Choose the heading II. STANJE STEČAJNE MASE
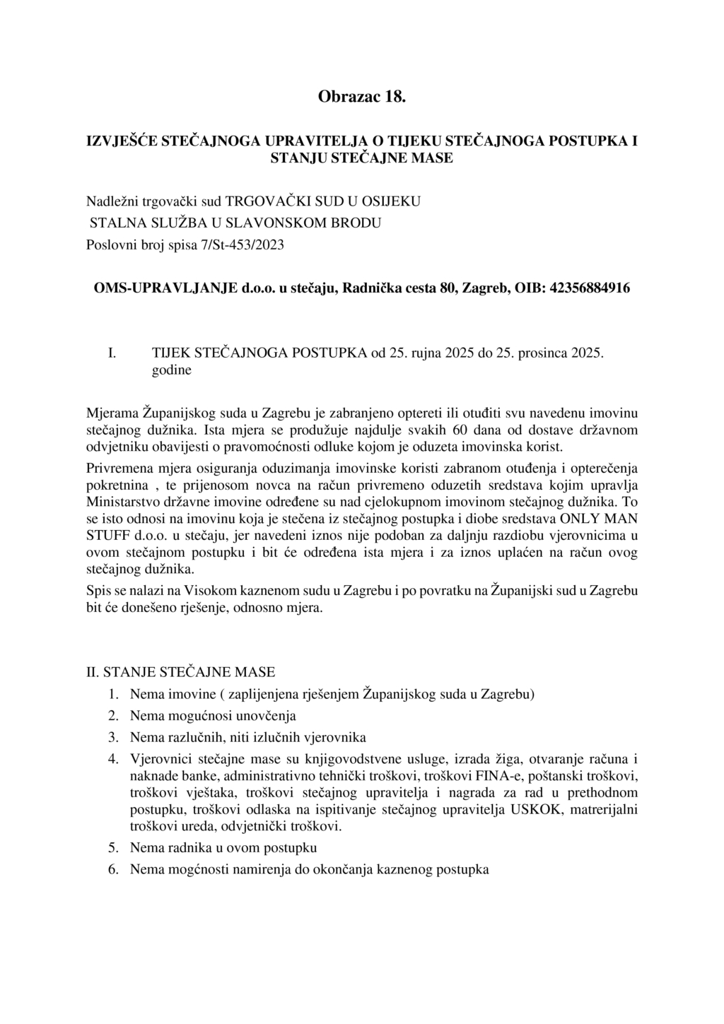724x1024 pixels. (x=180, y=672)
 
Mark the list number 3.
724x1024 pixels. (x=112, y=738)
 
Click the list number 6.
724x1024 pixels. (x=112, y=869)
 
